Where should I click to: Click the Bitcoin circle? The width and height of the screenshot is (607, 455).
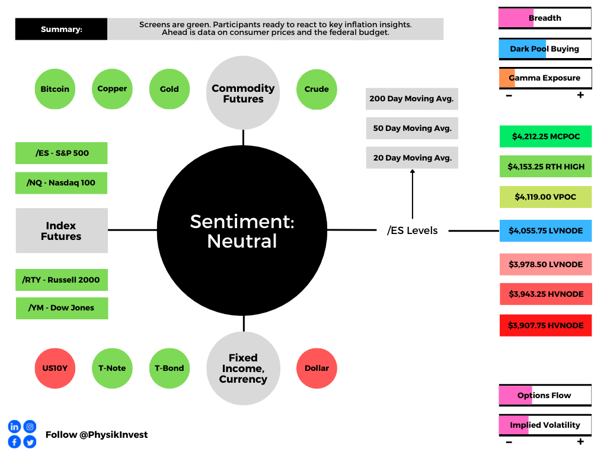pos(55,89)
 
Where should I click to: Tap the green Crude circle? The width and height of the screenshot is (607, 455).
pos(317,89)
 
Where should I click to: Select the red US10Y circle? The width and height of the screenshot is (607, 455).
pos(55,369)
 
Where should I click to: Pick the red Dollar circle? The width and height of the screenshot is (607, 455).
pos(317,369)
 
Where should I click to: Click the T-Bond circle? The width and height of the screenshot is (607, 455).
pos(170,369)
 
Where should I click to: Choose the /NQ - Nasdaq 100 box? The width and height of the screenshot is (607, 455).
pos(61,182)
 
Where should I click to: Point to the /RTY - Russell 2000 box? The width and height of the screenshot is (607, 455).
pos(62,280)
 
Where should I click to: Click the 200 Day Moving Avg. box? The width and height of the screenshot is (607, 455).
pos(412,99)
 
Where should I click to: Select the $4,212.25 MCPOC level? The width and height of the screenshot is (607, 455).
pos(545,136)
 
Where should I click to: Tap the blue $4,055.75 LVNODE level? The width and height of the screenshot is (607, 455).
pos(545,230)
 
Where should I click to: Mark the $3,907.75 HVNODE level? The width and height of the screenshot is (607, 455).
pos(545,325)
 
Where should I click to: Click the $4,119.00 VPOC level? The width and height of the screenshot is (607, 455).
pos(545,197)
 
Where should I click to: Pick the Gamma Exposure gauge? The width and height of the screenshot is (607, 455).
pos(545,78)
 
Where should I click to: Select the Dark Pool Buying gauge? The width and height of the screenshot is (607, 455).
pos(545,49)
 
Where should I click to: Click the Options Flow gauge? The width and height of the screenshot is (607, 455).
pos(545,395)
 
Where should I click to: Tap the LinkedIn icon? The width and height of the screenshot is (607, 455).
pos(14,427)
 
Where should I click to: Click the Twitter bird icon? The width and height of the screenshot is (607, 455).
pos(30,442)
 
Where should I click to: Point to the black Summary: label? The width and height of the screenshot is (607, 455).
pos(61,29)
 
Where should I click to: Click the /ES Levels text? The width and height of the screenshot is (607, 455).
pos(413,230)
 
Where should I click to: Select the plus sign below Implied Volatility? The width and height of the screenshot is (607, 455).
pos(580,441)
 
